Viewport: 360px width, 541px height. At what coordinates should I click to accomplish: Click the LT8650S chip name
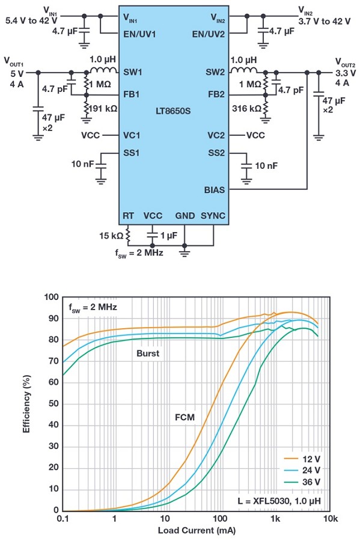[172, 111]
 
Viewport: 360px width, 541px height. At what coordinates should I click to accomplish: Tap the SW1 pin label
[133, 72]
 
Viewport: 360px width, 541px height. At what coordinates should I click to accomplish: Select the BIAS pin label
[215, 190]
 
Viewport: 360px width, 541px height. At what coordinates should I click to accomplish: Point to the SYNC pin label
[213, 216]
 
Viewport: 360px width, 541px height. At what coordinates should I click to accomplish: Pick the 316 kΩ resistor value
[246, 109]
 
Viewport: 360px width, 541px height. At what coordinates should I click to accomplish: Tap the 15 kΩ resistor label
[111, 236]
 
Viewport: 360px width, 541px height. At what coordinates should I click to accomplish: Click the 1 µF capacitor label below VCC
[169, 236]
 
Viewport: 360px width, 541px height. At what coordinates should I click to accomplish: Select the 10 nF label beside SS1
[83, 164]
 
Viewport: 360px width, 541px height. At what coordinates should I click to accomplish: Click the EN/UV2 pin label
[209, 34]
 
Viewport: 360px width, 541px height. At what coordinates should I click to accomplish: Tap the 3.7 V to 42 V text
[324, 22]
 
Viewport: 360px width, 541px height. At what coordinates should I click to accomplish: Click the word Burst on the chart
[148, 353]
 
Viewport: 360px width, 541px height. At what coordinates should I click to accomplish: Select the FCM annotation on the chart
[185, 418]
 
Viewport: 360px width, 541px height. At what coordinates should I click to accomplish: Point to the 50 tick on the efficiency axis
[54, 403]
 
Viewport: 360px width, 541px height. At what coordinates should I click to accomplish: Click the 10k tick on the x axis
[331, 519]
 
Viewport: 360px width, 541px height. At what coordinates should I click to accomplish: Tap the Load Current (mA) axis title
[197, 530]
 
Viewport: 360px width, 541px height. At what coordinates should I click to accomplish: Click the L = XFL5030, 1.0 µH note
[279, 501]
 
